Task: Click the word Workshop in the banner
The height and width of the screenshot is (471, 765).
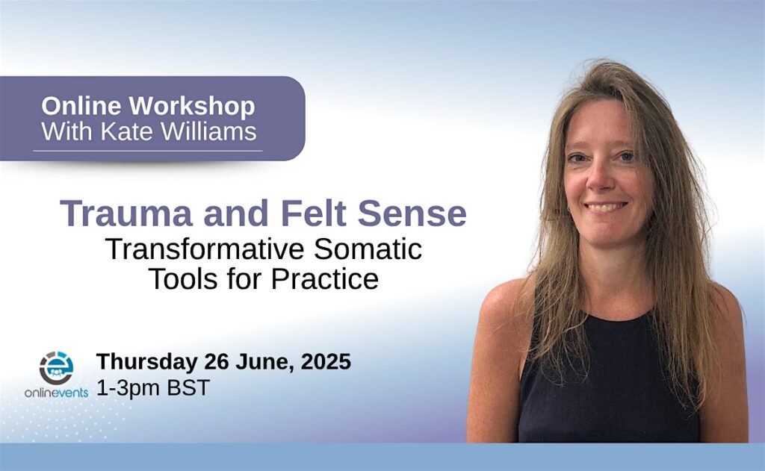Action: [x=192, y=107]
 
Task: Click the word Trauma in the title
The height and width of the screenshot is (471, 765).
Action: [x=126, y=213]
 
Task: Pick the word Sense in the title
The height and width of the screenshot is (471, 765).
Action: [x=412, y=213]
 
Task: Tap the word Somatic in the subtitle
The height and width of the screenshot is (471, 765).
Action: [x=368, y=249]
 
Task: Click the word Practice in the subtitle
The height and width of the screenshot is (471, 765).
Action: [x=324, y=279]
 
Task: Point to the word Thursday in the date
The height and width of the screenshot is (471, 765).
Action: [x=147, y=362]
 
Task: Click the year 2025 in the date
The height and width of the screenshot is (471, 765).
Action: [x=326, y=361]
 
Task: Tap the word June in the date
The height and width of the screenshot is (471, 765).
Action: [x=265, y=362]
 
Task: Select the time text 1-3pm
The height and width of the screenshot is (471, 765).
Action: [x=128, y=388]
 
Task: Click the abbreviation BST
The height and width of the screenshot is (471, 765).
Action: [x=188, y=387]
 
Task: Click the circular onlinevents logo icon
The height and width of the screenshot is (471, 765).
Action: [x=57, y=368]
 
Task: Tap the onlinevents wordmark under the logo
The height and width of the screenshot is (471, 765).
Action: [x=56, y=393]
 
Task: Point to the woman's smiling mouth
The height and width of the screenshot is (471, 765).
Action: [x=606, y=207]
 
